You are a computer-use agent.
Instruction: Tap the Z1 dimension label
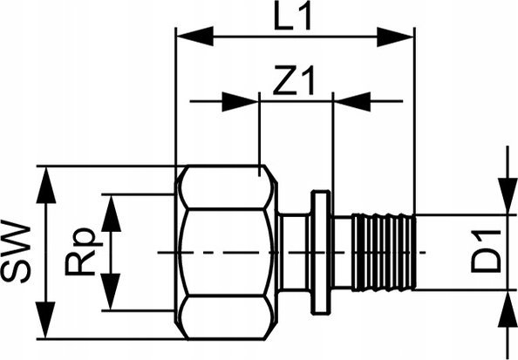click(x=294, y=80)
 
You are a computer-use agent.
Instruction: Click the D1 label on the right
click(x=486, y=252)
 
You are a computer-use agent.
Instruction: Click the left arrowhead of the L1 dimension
click(x=195, y=37)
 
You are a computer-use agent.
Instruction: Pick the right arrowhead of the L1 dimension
click(x=395, y=37)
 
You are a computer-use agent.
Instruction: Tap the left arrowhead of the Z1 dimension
click(x=240, y=102)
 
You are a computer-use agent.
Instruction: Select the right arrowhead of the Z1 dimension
click(x=352, y=102)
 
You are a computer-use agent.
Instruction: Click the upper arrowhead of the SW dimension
click(x=46, y=185)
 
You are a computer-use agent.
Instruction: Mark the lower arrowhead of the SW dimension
click(x=46, y=320)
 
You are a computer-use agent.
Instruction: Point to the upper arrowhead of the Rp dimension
click(x=111, y=214)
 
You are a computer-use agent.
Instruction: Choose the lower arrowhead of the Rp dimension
click(x=111, y=291)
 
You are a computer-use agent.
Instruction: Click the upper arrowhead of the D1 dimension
click(x=508, y=196)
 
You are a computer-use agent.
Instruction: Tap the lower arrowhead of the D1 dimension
click(x=508, y=309)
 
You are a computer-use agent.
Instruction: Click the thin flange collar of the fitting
click(x=320, y=252)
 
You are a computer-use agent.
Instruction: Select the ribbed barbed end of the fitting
click(x=383, y=253)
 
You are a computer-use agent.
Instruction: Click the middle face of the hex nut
click(x=226, y=252)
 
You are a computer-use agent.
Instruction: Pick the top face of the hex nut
click(x=226, y=187)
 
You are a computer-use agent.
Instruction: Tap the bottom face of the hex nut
click(x=226, y=317)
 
